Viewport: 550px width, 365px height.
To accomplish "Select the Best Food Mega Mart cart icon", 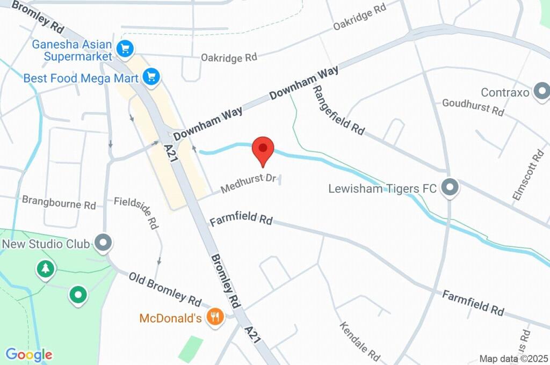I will pyautogui.click(x=152, y=77).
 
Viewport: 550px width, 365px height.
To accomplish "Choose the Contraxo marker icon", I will pyautogui.click(x=541, y=91).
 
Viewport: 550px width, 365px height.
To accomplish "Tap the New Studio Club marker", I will pyautogui.click(x=103, y=243).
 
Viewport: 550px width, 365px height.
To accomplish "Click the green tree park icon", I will pyautogui.click(x=46, y=268).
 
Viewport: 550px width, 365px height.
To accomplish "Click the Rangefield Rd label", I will pyautogui.click(x=338, y=109).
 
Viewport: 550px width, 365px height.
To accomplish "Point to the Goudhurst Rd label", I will pyautogui.click(x=473, y=107).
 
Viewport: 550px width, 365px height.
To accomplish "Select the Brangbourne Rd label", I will pyautogui.click(x=59, y=202).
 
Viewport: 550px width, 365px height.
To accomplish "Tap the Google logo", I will pyautogui.click(x=29, y=354).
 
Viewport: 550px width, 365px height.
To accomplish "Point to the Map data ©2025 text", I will pyautogui.click(x=513, y=359).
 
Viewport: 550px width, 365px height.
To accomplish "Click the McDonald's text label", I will pyautogui.click(x=170, y=318).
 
